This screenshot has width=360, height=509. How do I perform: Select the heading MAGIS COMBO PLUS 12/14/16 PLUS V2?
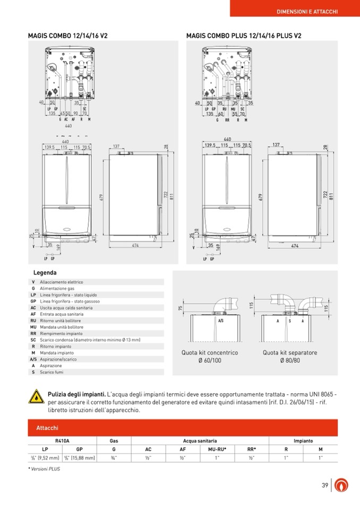pyautogui.click(x=244, y=36)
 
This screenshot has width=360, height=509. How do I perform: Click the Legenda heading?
pyautogui.click(x=45, y=272)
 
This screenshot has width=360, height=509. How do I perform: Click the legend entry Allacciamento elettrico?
pyautogui.click(x=62, y=282)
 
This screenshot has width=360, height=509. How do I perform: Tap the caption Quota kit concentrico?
pyautogui.click(x=210, y=352)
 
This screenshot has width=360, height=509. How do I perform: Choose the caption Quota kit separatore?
pyautogui.click(x=290, y=352)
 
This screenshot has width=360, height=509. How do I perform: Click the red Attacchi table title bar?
pyautogui.click(x=182, y=428)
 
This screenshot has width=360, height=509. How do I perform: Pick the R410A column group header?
pyautogui.click(x=62, y=441)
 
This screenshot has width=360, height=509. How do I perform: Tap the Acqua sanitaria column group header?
pyautogui.click(x=200, y=441)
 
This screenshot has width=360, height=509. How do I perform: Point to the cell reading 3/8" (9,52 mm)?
pyautogui.click(x=45, y=458)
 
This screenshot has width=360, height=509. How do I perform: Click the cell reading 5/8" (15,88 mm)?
pyautogui.click(x=79, y=458)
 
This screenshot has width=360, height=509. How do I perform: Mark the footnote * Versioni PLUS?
pyautogui.click(x=43, y=469)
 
